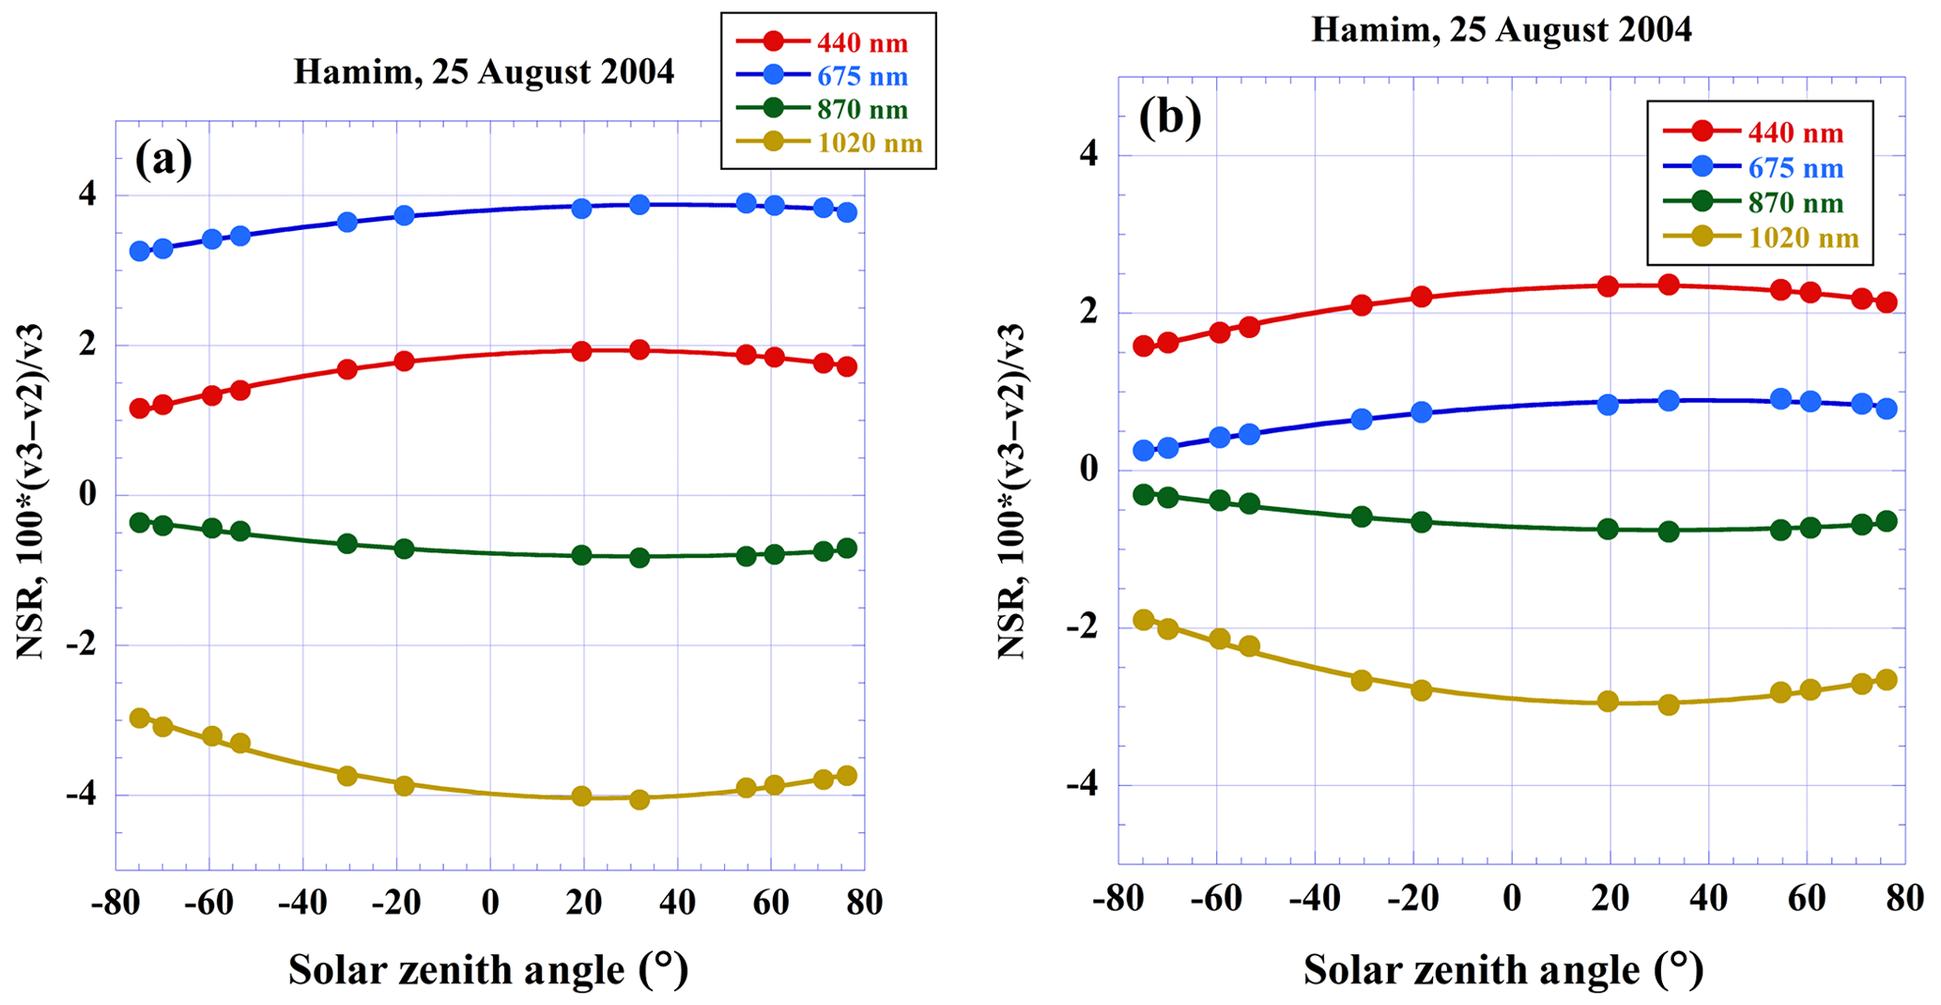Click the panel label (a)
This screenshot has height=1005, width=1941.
pos(163,160)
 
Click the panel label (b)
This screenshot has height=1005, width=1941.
pos(1169,119)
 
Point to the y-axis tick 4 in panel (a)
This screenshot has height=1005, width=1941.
pos(86,195)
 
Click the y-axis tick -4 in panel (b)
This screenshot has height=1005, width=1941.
pos(1082,785)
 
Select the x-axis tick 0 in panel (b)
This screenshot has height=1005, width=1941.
pos(1512,898)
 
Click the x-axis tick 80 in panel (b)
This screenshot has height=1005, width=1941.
pos(1904,898)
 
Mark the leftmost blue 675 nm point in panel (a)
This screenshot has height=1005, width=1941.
pos(140,251)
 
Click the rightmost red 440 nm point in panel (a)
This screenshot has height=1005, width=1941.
pos(847,366)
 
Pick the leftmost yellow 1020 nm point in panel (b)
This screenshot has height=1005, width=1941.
pos(1144,619)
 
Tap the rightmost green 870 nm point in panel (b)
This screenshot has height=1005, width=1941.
pos(1887,521)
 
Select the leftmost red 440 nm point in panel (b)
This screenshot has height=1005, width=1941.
pos(1144,346)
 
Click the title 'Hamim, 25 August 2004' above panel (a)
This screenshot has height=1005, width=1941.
pos(484,72)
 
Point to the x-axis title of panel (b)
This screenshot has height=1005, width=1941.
pos(1502,969)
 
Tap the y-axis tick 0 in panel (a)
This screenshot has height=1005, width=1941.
pos(86,495)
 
